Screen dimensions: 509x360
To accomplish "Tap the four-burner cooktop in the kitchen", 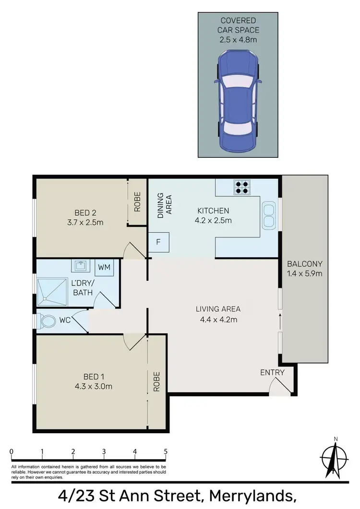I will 241,187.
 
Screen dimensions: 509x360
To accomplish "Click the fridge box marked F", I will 158,243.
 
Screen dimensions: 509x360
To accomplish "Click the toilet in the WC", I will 48,321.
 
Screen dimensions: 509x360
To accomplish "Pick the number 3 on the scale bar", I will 104,451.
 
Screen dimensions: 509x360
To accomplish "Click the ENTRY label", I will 272,372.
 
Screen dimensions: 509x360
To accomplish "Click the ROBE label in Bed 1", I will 156,382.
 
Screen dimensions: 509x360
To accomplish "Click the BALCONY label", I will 304,264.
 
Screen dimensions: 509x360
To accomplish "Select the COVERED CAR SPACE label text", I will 238,25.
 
